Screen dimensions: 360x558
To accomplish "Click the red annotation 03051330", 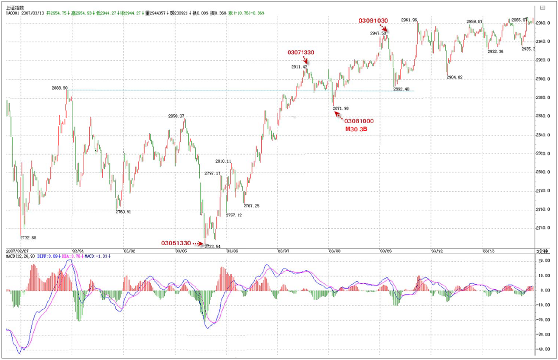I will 175,243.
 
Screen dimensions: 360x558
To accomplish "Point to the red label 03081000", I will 359,121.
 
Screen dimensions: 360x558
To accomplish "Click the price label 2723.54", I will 212,246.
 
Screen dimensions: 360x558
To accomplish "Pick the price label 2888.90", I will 59,88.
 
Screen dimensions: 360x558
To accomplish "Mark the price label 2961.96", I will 409,20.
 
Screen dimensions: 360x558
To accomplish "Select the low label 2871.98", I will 341,108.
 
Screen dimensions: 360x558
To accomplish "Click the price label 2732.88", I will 28,237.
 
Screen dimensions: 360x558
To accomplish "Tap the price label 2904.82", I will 454,77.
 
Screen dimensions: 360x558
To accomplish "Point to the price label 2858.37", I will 176,116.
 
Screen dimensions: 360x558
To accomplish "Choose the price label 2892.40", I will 401,89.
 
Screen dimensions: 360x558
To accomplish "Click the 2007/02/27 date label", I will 17,251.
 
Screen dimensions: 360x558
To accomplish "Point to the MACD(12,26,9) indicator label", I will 20,256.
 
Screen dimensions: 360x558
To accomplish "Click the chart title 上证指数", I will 15,8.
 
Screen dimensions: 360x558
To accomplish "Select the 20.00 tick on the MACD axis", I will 542,261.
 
